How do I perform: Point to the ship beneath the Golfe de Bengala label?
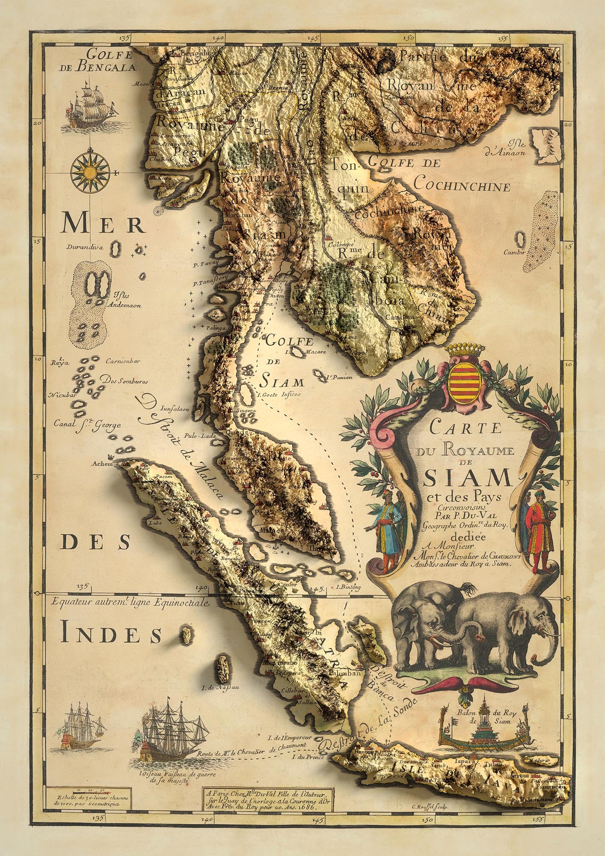pyautogui.click(x=90, y=105)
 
